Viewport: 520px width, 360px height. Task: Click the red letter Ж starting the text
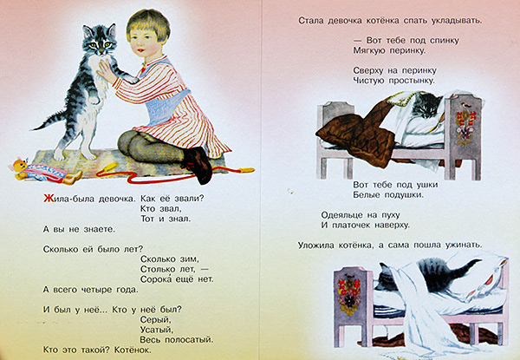click(x=48, y=198)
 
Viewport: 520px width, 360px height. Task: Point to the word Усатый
click(x=157, y=327)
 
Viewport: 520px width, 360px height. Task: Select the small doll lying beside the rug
click(x=39, y=170)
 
